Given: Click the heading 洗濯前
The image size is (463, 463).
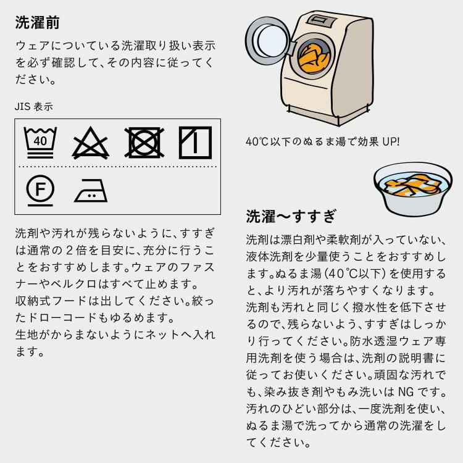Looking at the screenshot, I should [x=37, y=23].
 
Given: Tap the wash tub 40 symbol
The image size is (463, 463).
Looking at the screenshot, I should [x=40, y=141].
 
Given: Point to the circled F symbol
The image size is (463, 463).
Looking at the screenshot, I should [x=40, y=190].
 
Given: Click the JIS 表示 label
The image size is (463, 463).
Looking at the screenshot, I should [x=34, y=107].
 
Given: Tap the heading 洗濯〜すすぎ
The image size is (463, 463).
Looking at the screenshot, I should [x=291, y=217].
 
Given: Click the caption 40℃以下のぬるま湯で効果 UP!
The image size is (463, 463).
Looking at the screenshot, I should [x=322, y=141].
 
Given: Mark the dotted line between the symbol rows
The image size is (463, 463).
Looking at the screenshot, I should [x=117, y=167].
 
